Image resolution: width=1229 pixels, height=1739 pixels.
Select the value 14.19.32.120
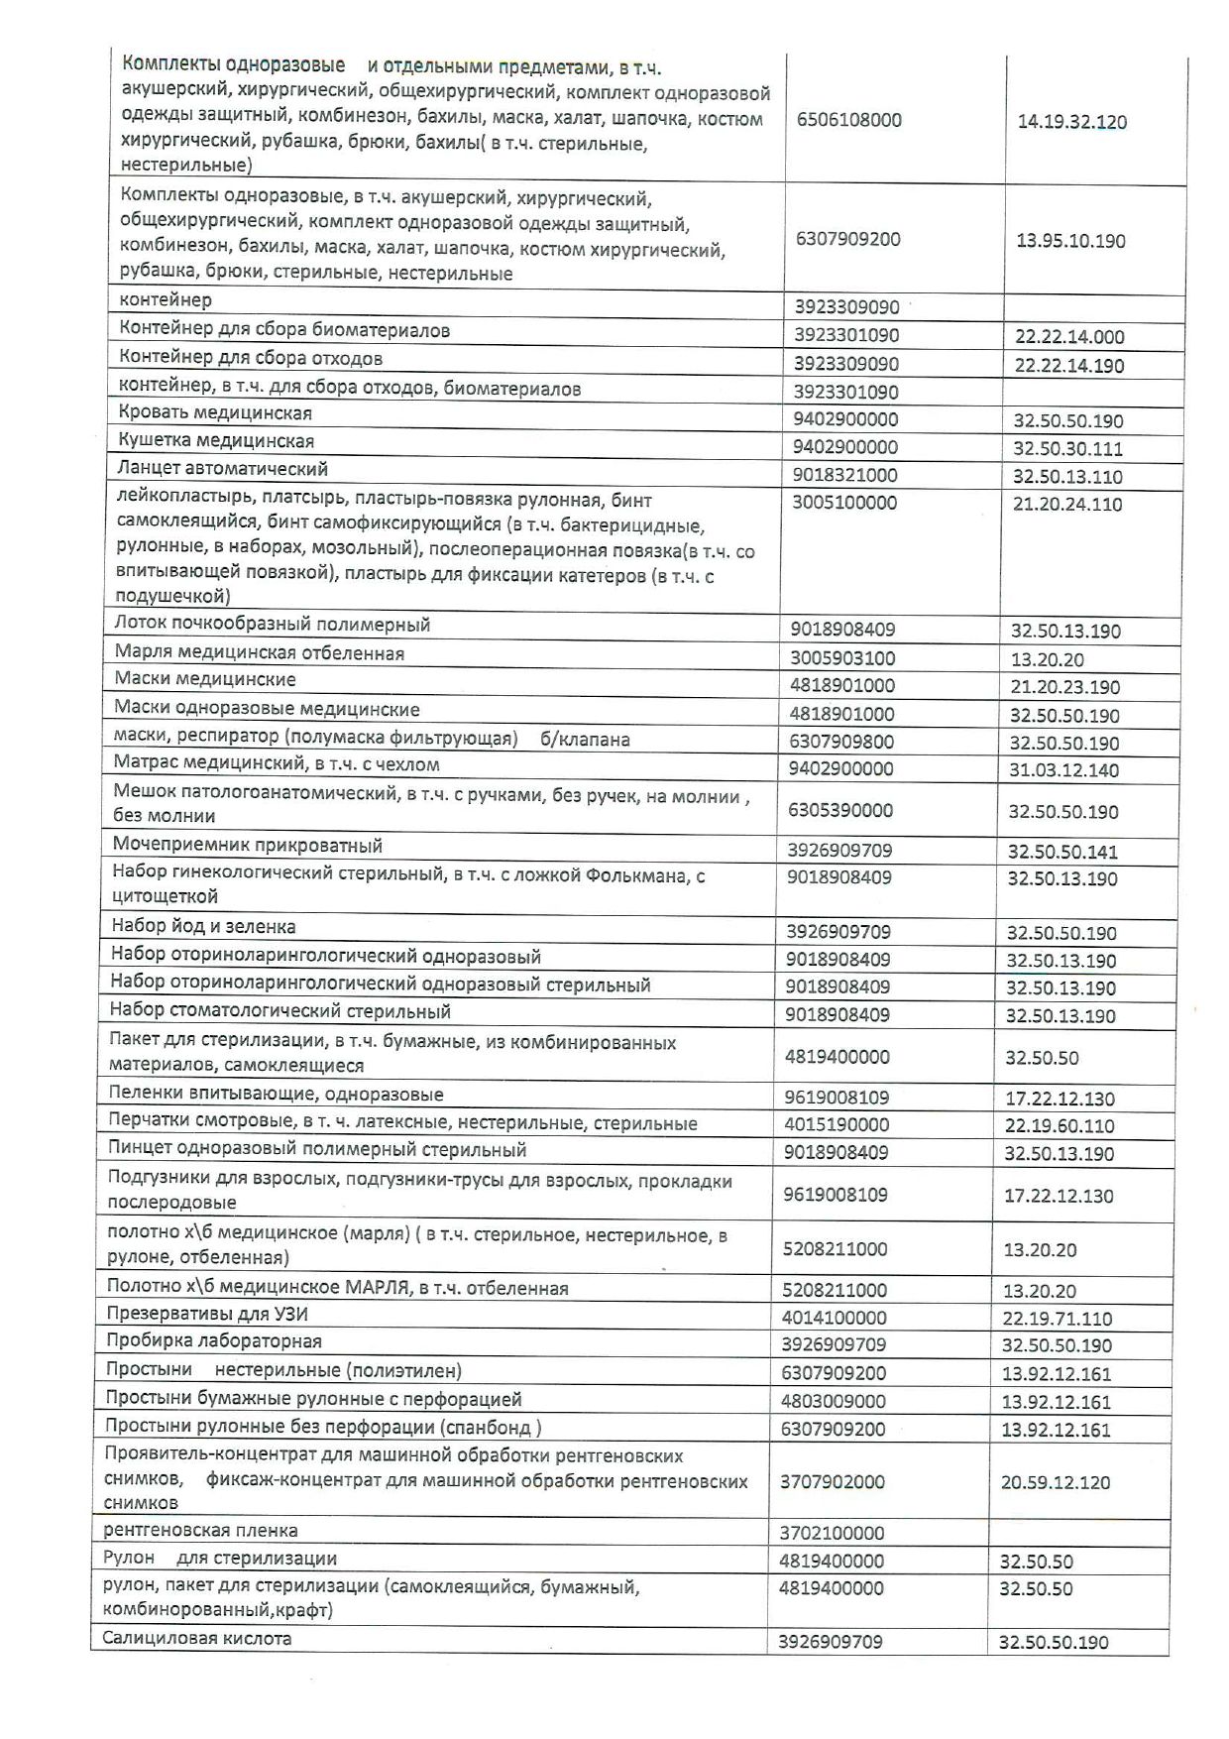1071,123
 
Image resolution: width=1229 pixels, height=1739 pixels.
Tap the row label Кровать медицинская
215,413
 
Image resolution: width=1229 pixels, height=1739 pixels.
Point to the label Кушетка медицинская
216,441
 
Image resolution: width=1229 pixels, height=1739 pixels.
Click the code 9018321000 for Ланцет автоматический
844,475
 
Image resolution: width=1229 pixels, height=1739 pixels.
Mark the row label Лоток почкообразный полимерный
273,625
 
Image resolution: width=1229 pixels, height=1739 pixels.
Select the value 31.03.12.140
1064,770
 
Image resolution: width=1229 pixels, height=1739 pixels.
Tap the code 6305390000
840,811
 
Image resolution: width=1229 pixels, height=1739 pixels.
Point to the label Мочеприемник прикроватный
248,846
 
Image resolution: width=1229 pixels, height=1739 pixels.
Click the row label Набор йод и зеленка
203,927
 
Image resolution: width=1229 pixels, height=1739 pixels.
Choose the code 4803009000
835,1402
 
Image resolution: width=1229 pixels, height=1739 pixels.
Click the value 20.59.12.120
1056,1483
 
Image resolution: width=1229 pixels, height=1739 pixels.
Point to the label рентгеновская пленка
200,1531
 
